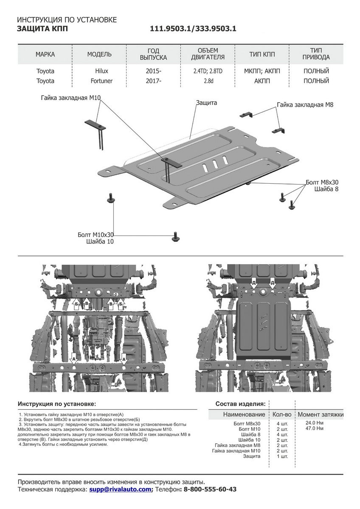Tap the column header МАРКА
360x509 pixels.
(x=45, y=54)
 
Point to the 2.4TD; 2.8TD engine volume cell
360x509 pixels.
(x=208, y=71)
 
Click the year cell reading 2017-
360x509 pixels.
(x=153, y=81)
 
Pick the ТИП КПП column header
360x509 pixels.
(x=262, y=54)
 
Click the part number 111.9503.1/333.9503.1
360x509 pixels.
(x=193, y=29)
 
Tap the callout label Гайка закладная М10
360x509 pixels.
(x=71, y=98)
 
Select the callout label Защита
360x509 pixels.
(x=207, y=103)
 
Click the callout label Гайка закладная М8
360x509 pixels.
(x=305, y=104)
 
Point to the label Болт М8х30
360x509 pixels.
(x=322, y=182)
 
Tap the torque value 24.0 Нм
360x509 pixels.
(x=315, y=423)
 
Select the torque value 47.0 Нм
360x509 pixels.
(x=315, y=428)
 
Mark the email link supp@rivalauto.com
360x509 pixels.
(x=120, y=489)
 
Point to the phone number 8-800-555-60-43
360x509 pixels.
(x=209, y=489)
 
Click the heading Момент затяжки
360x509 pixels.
(x=321, y=414)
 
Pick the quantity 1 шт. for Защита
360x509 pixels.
(x=281, y=456)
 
